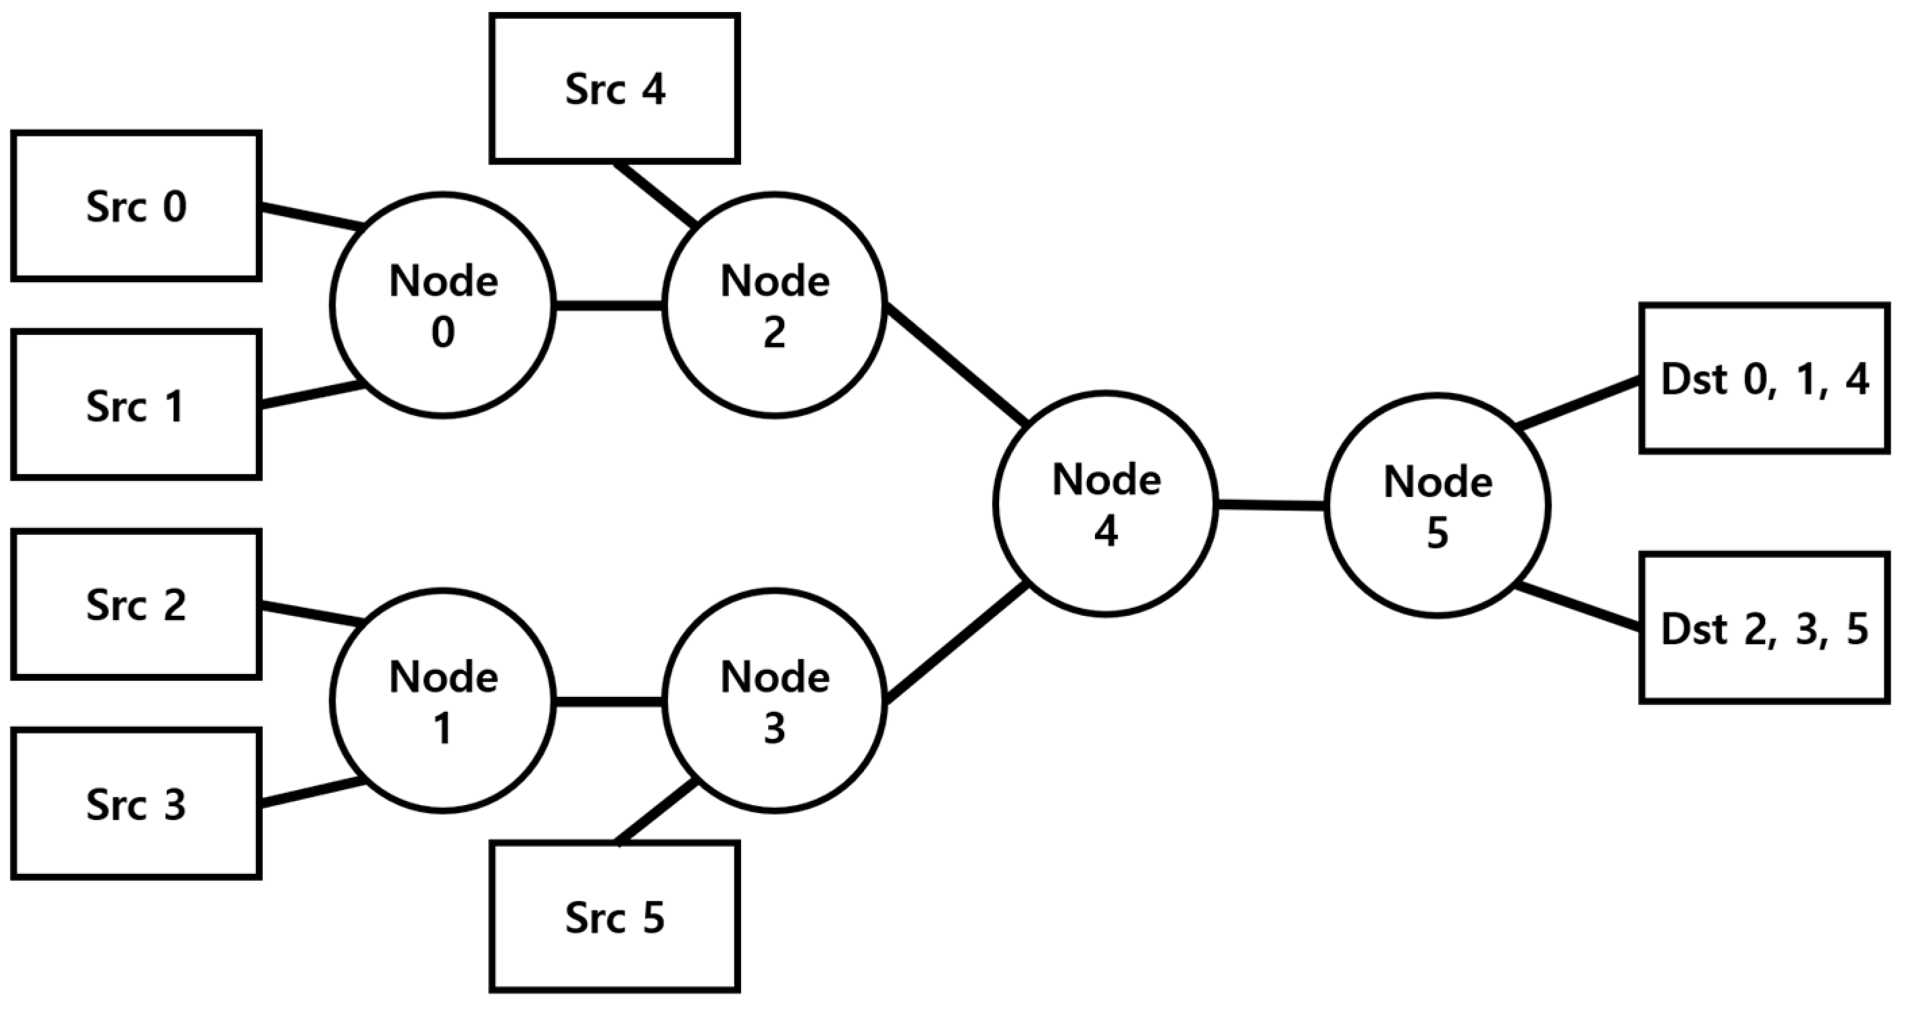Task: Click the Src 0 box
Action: pos(136,205)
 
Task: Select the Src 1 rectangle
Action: pos(136,405)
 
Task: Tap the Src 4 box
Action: pos(614,88)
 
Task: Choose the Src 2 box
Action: pos(136,604)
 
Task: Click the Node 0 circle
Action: pos(443,305)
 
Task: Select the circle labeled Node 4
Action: pos(1105,504)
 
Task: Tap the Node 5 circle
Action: pos(1437,506)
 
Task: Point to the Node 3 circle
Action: pos(775,701)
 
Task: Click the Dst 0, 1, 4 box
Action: pos(1764,378)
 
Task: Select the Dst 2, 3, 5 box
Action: pos(1764,627)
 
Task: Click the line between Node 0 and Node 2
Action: pos(609,305)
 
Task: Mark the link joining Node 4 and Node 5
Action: pos(1271,505)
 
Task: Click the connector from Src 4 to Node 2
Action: pos(656,194)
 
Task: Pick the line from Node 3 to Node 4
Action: pos(957,643)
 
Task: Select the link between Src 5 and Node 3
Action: pos(656,812)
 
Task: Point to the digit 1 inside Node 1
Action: pos(443,729)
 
